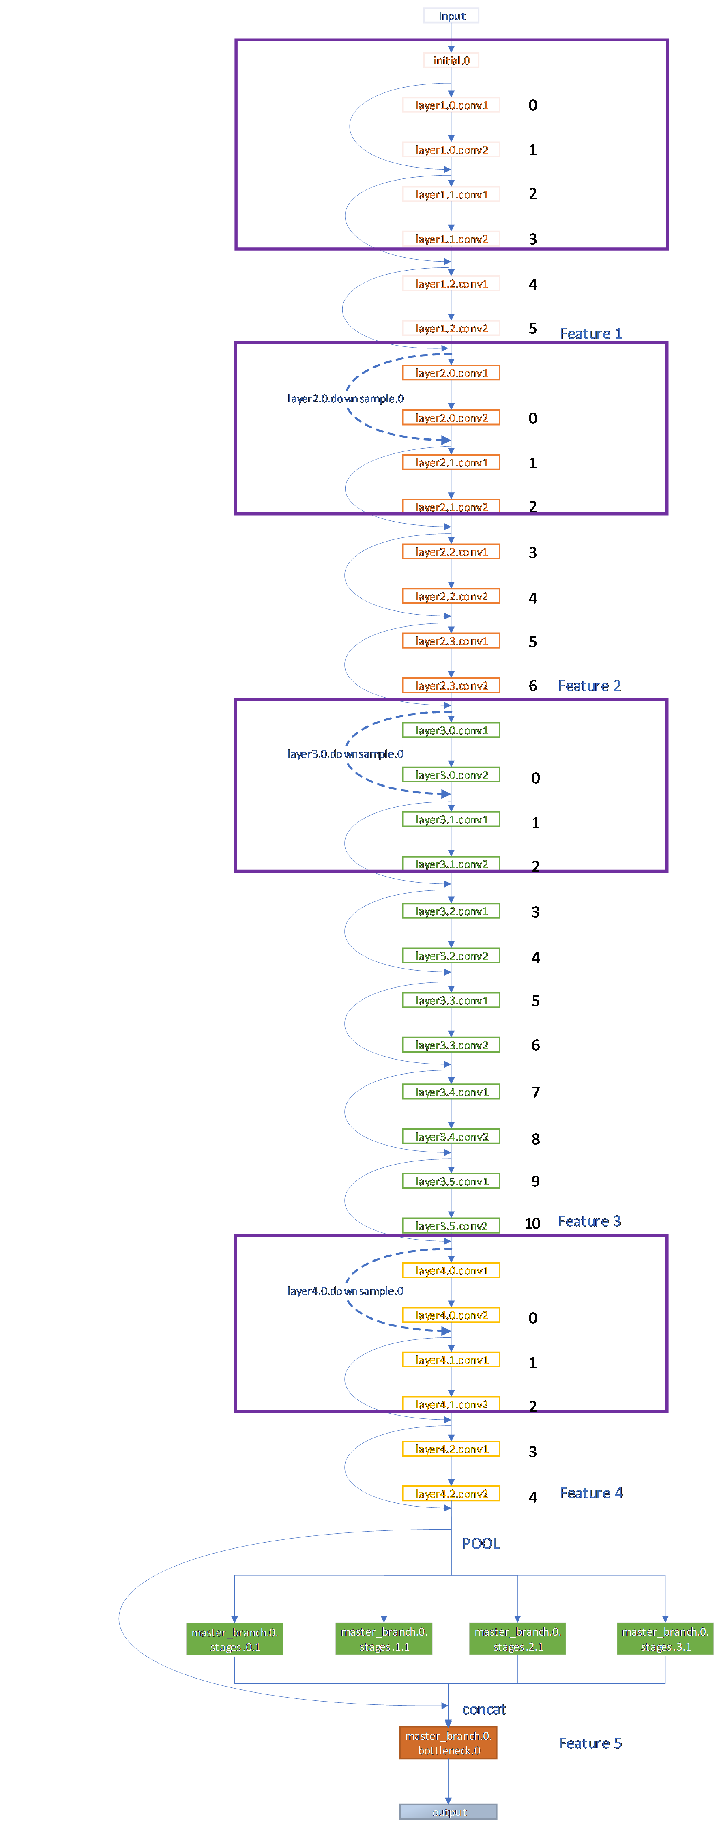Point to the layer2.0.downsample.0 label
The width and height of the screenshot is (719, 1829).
(345, 398)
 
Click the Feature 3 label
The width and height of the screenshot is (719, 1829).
(589, 1221)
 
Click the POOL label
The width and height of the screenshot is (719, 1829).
(481, 1543)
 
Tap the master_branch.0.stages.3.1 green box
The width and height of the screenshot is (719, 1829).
(665, 1639)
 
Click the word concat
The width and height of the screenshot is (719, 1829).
(483, 1709)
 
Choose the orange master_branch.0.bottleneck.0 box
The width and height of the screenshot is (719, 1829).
(448, 1743)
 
